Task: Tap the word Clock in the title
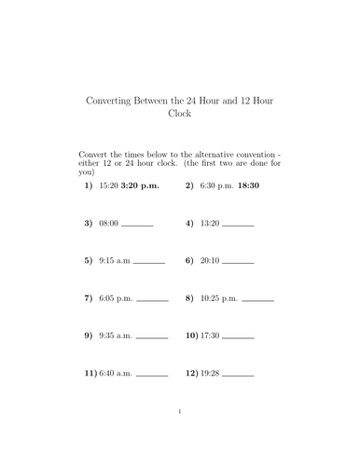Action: pos(178,116)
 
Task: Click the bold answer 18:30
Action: pos(249,185)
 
